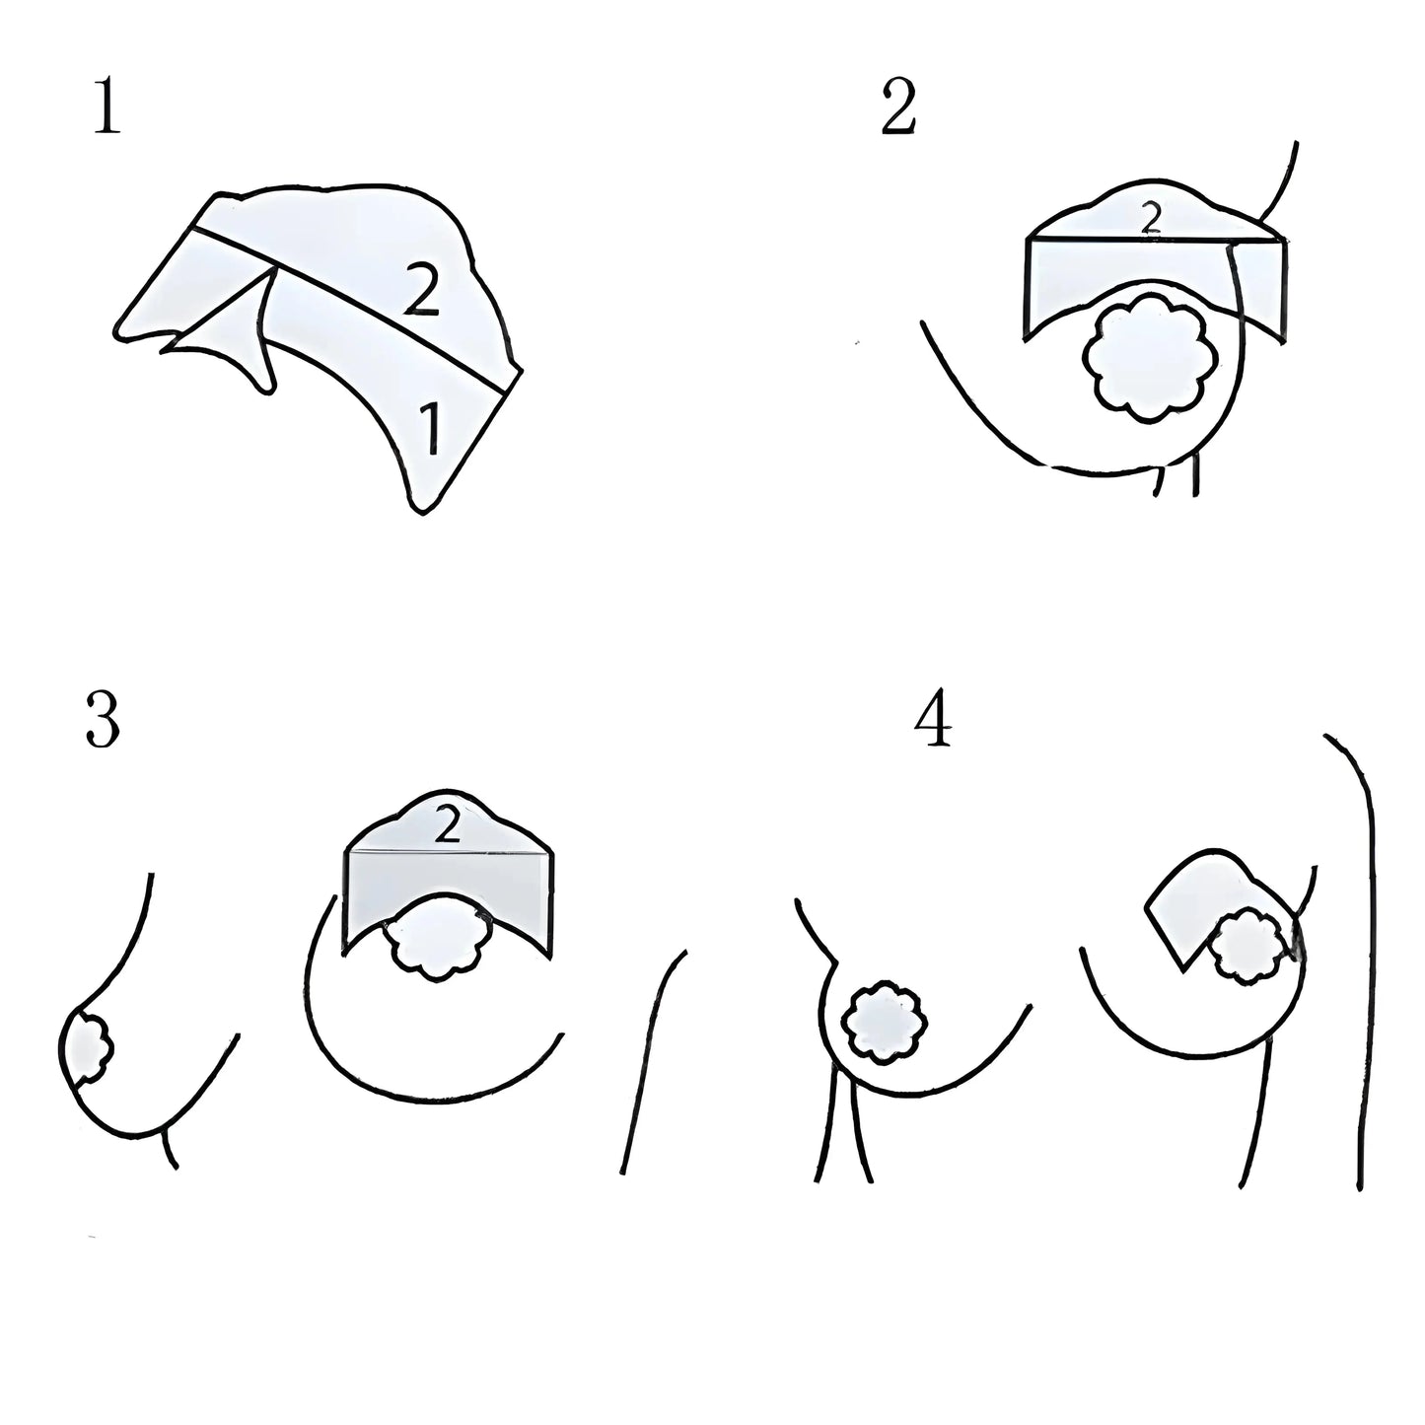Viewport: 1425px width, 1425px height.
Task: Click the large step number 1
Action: pyautogui.click(x=108, y=107)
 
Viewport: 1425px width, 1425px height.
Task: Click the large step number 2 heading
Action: pyautogui.click(x=898, y=107)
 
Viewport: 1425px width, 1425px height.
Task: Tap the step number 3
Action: pyautogui.click(x=103, y=720)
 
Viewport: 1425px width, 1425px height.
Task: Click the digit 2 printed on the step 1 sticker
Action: pyautogui.click(x=422, y=291)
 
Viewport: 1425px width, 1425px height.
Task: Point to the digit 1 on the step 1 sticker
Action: pyautogui.click(x=430, y=427)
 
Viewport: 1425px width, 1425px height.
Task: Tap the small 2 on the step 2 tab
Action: pyautogui.click(x=1151, y=218)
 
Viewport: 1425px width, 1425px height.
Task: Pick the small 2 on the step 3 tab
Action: pyautogui.click(x=447, y=825)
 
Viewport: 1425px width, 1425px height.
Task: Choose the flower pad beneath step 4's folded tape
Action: pyautogui.click(x=1249, y=948)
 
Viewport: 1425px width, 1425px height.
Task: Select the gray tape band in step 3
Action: pyautogui.click(x=447, y=898)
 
